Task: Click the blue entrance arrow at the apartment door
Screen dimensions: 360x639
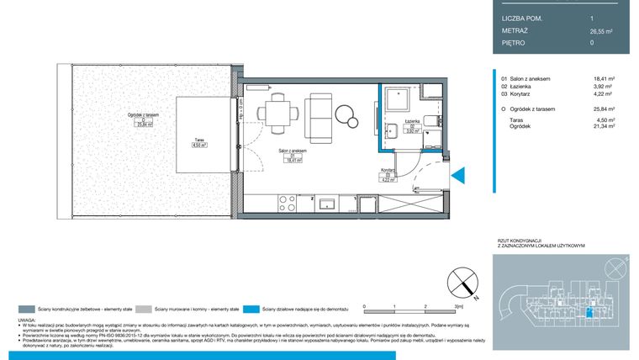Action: point(458,175)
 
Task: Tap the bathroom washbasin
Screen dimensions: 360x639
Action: point(392,129)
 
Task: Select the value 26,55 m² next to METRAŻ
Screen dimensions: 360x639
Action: point(600,31)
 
